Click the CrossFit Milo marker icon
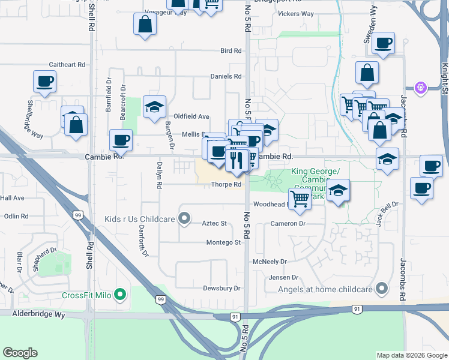120,295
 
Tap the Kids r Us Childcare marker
184,218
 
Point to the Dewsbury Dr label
221,289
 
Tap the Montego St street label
223,242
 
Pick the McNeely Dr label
270,262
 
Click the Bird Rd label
231,51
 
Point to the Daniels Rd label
226,76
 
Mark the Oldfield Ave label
191,116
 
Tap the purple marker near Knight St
421,88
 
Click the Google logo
20,352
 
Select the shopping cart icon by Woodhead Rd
300,199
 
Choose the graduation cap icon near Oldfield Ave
154,107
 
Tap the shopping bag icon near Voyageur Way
145,25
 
